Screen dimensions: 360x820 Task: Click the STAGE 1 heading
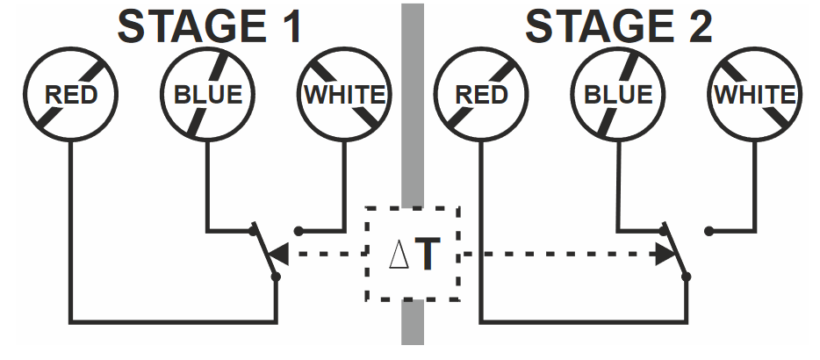coord(211,26)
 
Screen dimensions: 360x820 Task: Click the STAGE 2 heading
coord(619,26)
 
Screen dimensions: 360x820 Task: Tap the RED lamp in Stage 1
coord(70,95)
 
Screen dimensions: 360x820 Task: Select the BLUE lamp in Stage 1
coord(207,95)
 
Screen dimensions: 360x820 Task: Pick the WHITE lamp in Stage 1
coord(343,95)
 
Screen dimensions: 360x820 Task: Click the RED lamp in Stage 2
coord(481,95)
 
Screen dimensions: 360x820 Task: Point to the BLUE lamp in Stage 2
coord(618,95)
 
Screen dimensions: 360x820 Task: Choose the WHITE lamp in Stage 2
coord(755,95)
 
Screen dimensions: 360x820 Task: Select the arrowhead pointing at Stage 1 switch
coord(278,255)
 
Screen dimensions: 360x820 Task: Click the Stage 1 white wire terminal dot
coord(299,231)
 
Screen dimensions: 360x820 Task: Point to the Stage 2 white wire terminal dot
coord(709,231)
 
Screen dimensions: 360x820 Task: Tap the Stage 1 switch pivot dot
coord(276,277)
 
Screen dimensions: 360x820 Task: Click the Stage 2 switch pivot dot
coord(687,277)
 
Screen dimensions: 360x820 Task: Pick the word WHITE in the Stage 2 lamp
coord(755,95)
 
